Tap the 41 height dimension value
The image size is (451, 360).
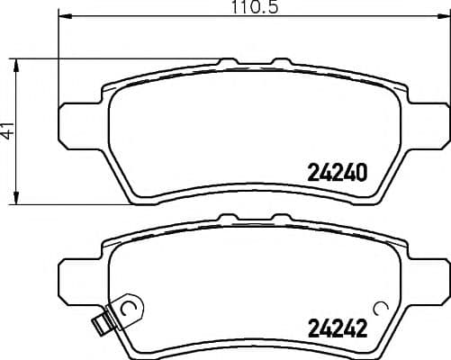(x=9, y=130)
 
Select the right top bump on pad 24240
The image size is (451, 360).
(x=280, y=62)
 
